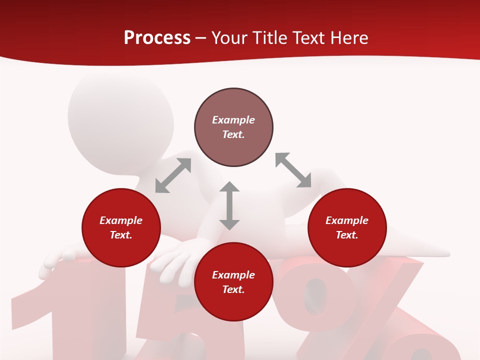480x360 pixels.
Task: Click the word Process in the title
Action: tap(157, 38)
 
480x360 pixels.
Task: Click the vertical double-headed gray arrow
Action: tap(229, 205)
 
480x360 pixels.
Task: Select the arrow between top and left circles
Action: tap(173, 175)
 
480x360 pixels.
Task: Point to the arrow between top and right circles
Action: tap(293, 170)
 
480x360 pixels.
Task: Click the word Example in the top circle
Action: tap(233, 120)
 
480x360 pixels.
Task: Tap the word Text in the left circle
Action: tap(121, 235)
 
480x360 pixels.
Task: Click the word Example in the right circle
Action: tap(347, 220)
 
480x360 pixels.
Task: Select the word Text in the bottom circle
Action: tap(233, 289)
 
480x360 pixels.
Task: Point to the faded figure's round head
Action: tap(120, 115)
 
